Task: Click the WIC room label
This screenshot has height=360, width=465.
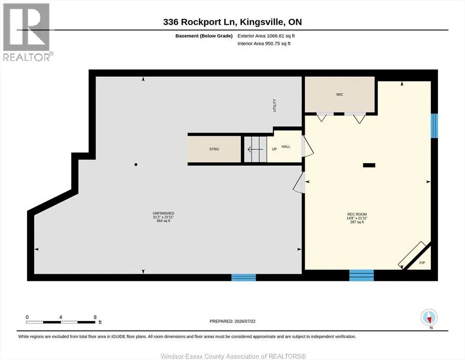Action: (340, 94)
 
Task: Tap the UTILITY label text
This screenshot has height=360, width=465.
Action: (274, 105)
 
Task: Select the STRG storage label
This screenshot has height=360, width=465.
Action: (214, 149)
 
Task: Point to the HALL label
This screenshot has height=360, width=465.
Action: (286, 147)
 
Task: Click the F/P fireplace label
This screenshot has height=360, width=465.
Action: (422, 262)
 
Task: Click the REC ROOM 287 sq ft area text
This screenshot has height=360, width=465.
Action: (357, 222)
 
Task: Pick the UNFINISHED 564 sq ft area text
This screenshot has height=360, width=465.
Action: (163, 221)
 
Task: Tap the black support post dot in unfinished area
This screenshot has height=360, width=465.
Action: (136, 165)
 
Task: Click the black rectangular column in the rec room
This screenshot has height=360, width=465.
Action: (369, 165)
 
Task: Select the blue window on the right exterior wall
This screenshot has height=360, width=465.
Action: (434, 126)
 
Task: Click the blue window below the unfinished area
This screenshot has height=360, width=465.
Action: (244, 277)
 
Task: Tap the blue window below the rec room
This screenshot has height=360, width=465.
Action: (362, 275)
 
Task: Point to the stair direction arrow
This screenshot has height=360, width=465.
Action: (255, 149)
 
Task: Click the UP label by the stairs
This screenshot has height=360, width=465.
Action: (274, 149)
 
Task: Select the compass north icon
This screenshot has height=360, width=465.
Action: (429, 317)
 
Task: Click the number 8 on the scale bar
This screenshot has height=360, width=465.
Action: (95, 317)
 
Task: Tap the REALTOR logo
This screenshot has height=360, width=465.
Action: (27, 32)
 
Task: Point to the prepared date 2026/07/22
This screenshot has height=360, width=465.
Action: (245, 321)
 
